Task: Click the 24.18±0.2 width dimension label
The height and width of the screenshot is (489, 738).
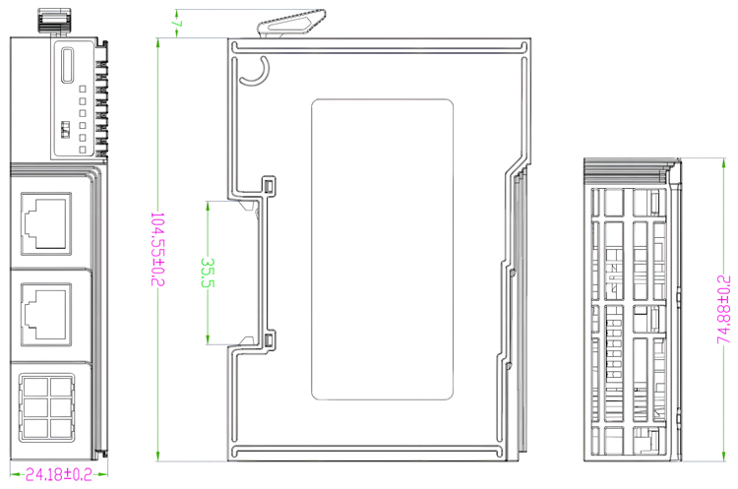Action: (58, 474)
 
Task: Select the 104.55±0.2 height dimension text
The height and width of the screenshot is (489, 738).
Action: (157, 249)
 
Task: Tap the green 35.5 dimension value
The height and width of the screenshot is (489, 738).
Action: (208, 273)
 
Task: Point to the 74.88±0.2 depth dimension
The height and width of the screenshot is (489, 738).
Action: (723, 310)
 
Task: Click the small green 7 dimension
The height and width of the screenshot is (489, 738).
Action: (177, 23)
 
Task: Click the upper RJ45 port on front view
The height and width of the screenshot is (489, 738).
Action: (46, 223)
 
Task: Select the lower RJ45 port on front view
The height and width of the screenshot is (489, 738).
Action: (46, 315)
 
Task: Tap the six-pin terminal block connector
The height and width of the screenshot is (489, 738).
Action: (46, 408)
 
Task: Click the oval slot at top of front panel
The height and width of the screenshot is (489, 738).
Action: (68, 65)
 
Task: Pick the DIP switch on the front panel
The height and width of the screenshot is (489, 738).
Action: (65, 130)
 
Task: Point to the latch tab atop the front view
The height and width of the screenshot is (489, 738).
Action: (53, 22)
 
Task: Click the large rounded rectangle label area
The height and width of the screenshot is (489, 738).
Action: (382, 250)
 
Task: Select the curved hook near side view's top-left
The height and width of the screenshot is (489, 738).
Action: (255, 72)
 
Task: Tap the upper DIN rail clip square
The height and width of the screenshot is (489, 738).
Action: (269, 185)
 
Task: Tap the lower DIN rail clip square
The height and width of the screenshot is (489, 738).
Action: (269, 339)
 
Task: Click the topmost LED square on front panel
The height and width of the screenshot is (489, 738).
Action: (83, 89)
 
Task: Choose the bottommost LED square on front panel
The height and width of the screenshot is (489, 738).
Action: (83, 150)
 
